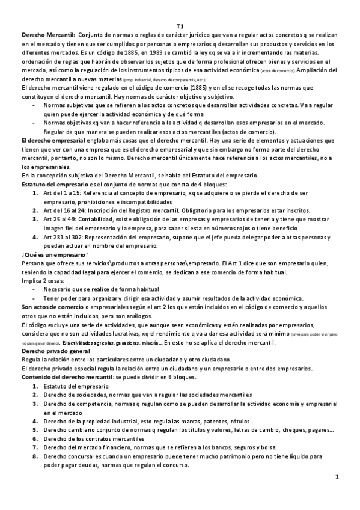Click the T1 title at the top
click(180, 26)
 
